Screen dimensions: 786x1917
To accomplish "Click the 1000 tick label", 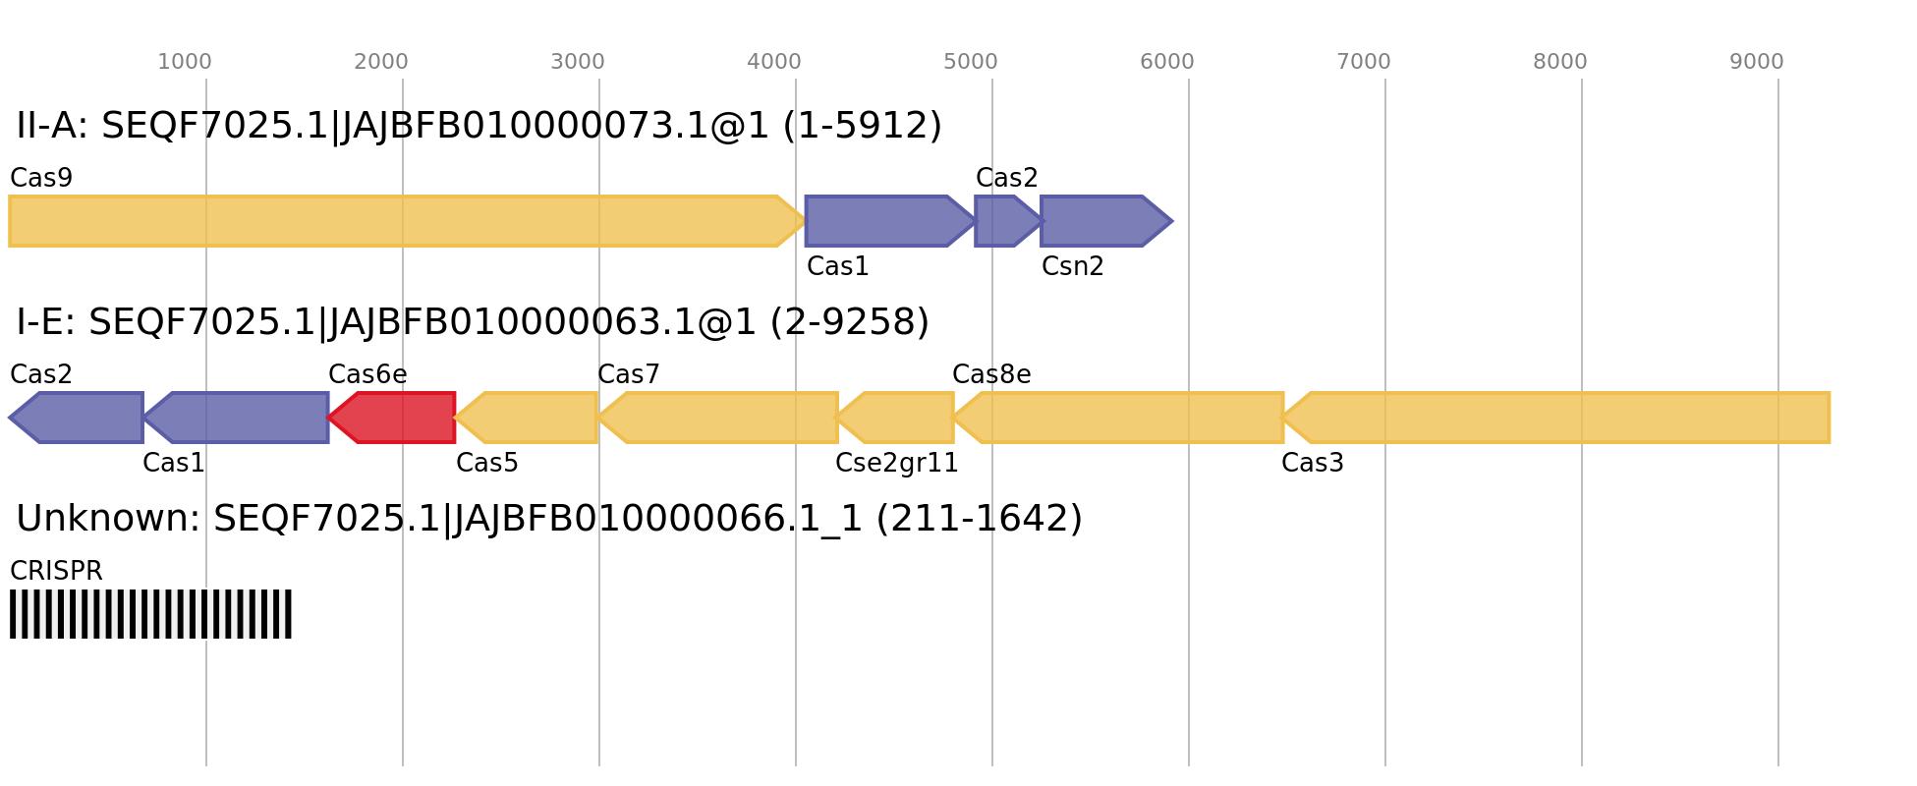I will (185, 62).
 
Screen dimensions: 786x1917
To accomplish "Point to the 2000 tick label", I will (381, 62).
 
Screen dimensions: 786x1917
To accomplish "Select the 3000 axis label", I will (578, 62).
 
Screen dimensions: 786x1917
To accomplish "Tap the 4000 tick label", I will (774, 62).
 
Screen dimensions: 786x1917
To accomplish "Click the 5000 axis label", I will (971, 62).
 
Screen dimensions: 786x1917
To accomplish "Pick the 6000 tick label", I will (1167, 62).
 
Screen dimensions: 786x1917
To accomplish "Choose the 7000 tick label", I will (1364, 62).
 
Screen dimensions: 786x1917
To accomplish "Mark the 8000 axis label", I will (1560, 62).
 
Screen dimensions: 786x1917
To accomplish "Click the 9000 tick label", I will (1757, 62).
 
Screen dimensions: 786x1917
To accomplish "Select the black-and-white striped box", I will (150, 614).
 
